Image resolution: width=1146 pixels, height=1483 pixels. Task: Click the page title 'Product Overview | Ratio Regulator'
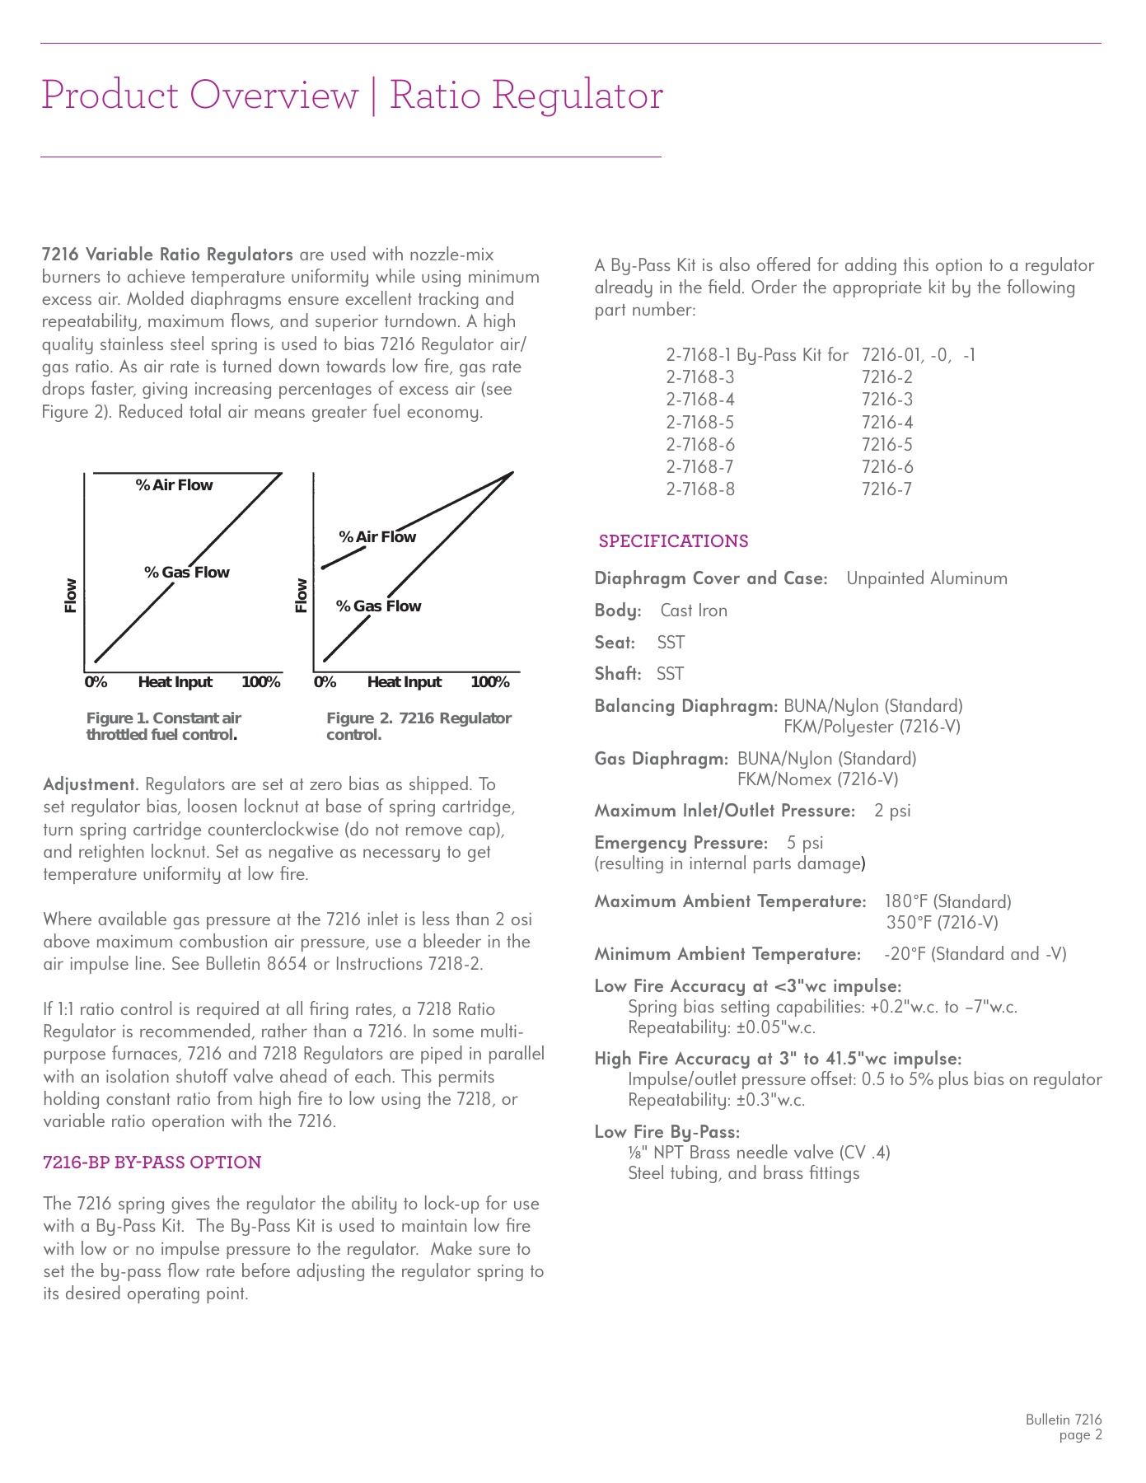(352, 96)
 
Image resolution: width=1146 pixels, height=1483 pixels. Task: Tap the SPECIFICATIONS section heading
(673, 541)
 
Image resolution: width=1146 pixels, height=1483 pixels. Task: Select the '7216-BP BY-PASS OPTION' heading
(152, 1163)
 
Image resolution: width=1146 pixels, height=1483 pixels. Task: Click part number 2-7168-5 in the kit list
(699, 423)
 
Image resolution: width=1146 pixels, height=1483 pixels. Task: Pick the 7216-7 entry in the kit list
(886, 489)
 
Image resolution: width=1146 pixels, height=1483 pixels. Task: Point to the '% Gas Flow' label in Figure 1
(187, 573)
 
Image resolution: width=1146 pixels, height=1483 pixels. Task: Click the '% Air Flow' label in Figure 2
(377, 537)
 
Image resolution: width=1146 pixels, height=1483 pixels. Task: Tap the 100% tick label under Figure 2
(490, 682)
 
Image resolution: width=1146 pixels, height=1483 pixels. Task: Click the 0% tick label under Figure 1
(96, 682)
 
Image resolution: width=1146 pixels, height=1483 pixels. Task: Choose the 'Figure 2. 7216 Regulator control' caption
(419, 726)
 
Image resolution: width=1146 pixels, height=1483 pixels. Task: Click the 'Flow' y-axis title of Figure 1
(71, 596)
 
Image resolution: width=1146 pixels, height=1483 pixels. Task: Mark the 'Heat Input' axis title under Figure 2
(404, 682)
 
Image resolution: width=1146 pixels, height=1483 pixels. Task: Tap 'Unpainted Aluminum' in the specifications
(926, 578)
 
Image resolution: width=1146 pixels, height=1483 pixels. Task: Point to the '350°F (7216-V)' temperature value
(942, 923)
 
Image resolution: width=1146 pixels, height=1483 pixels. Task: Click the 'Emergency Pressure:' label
(681, 843)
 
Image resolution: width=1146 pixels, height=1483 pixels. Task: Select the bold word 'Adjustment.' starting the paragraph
(91, 784)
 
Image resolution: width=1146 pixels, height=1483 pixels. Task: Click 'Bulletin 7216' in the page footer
(1063, 1420)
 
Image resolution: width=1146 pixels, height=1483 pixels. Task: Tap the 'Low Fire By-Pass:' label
(667, 1132)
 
